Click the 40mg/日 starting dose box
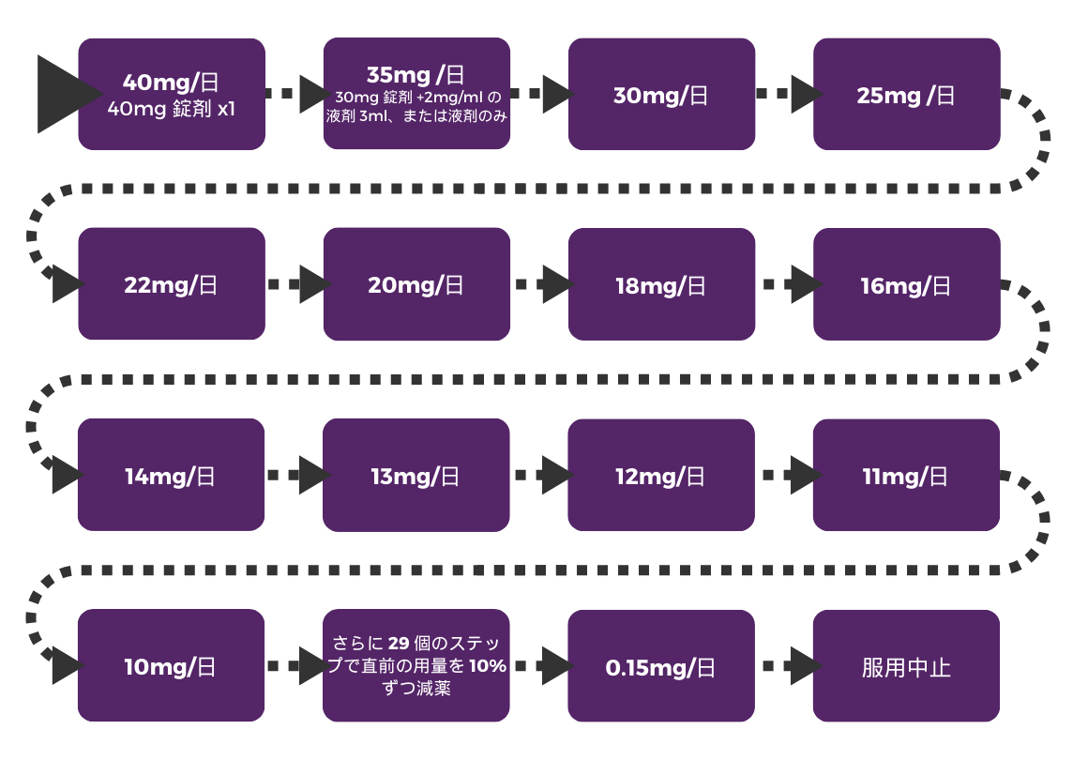[172, 94]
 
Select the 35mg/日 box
[416, 94]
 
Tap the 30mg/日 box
[661, 94]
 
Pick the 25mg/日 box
[906, 94]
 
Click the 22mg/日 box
[172, 284]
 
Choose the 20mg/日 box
[416, 284]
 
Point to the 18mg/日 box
[661, 284]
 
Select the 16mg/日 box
[906, 284]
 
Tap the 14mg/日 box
[172, 475]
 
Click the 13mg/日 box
[416, 475]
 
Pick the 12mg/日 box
[661, 475]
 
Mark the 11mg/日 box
[906, 475]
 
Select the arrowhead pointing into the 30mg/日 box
[557, 94]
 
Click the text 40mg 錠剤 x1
[172, 110]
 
